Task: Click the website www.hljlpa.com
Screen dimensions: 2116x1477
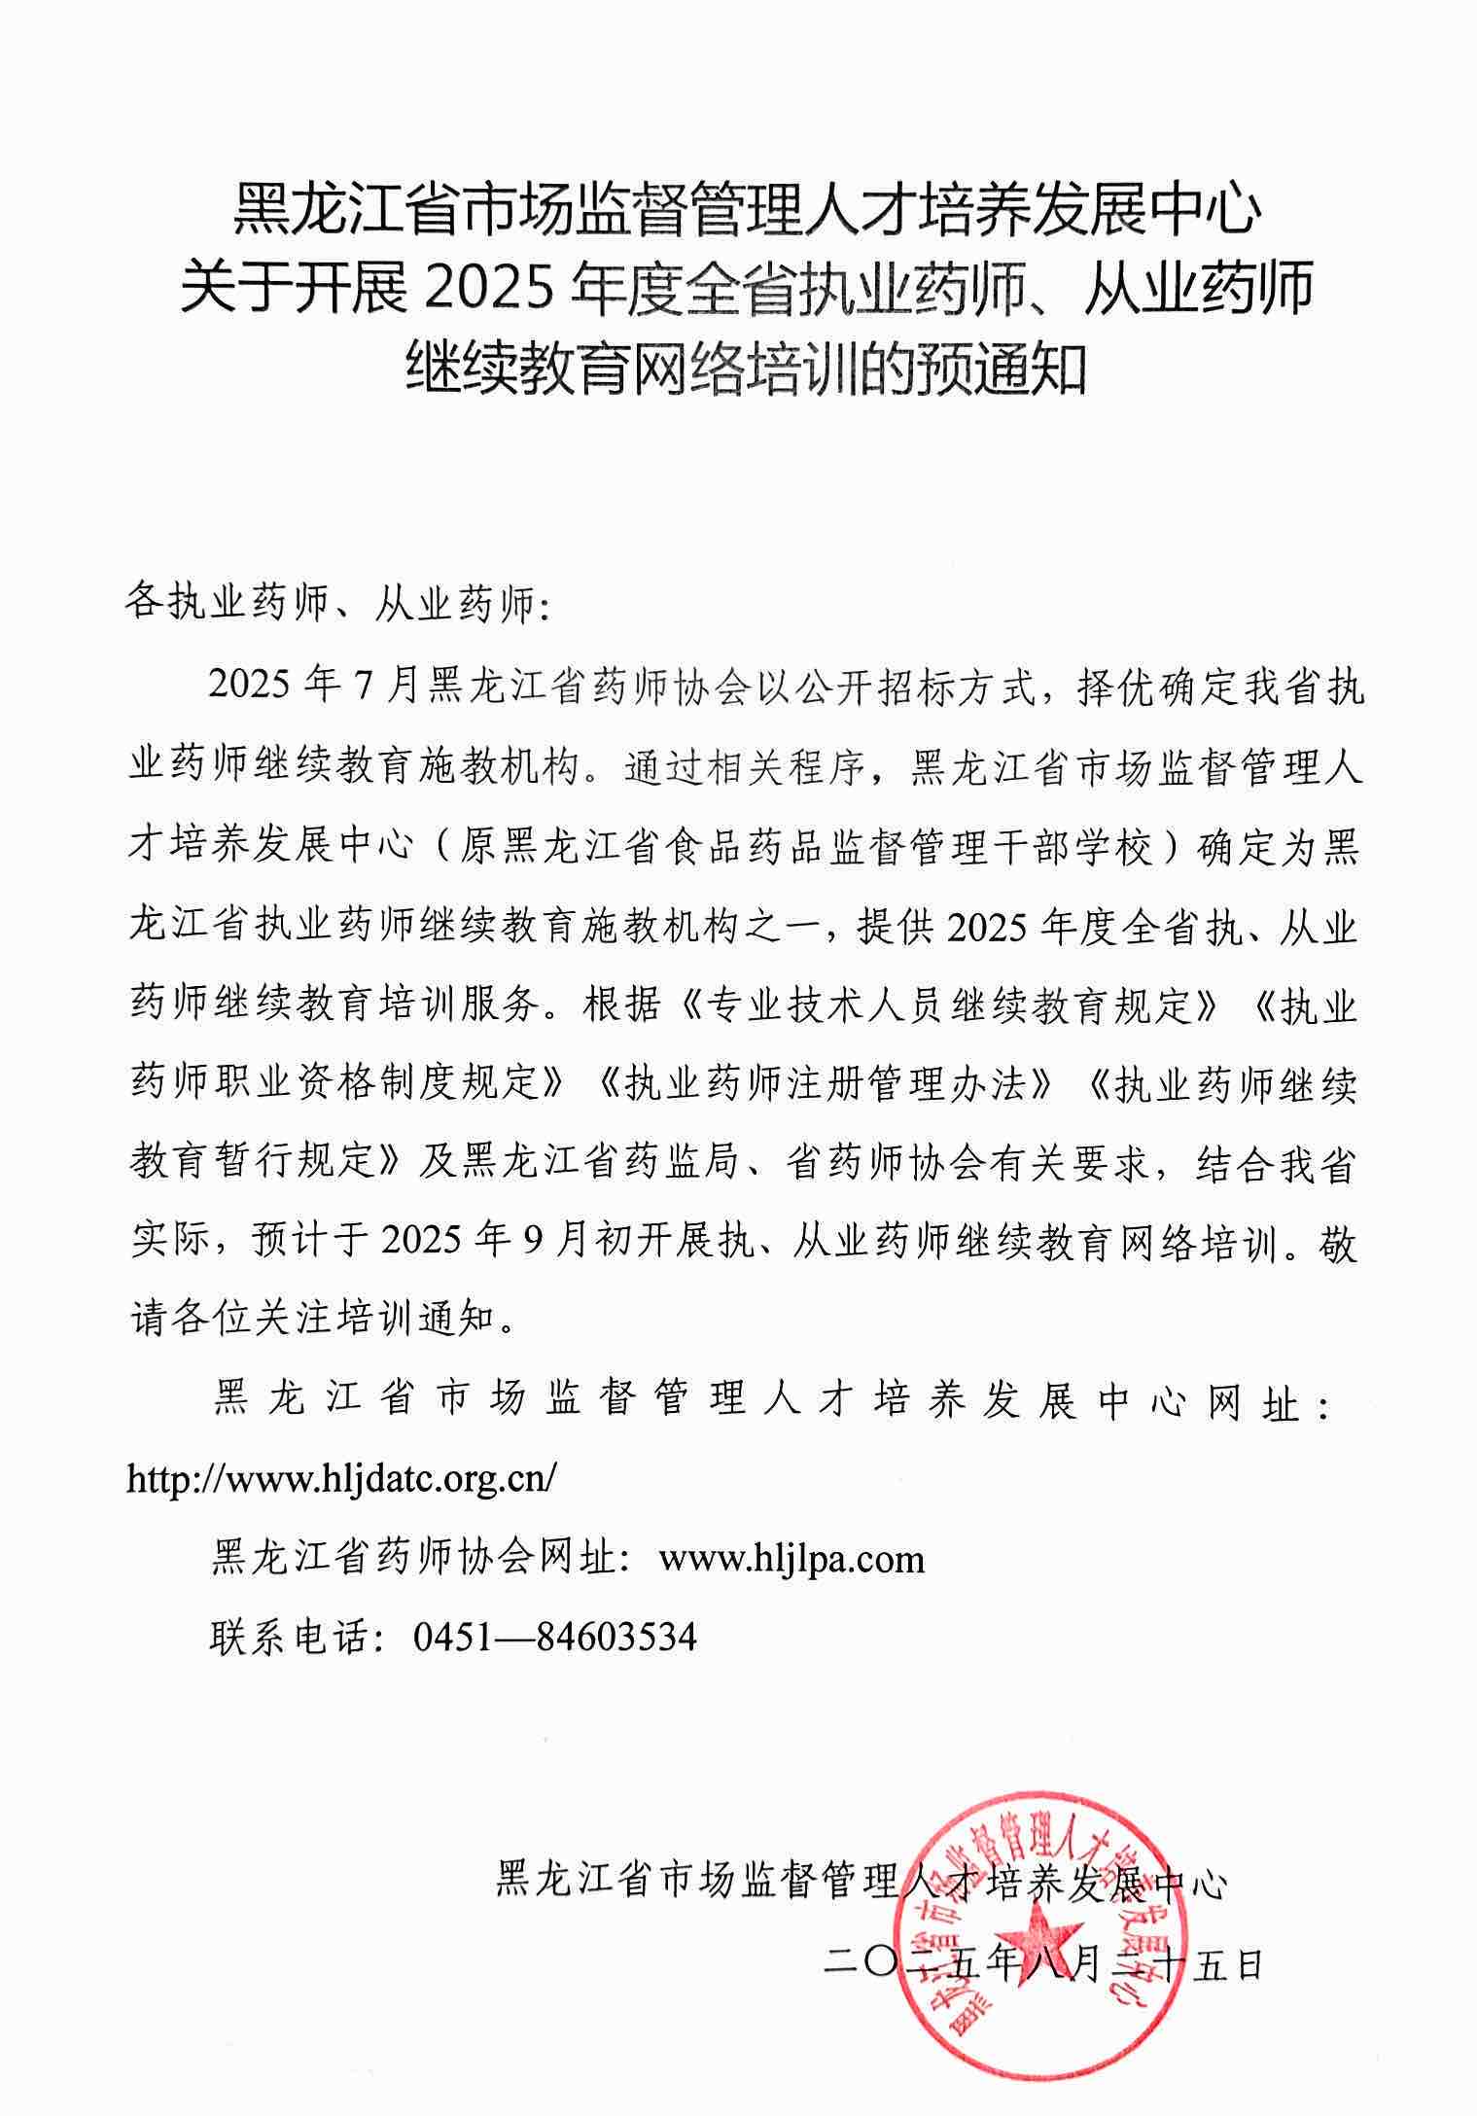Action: [x=791, y=1560]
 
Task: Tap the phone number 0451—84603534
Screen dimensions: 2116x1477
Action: [x=555, y=1638]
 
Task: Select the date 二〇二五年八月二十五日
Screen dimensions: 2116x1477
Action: [x=1041, y=1965]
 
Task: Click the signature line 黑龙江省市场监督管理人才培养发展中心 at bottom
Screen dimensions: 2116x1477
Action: [x=862, y=1884]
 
